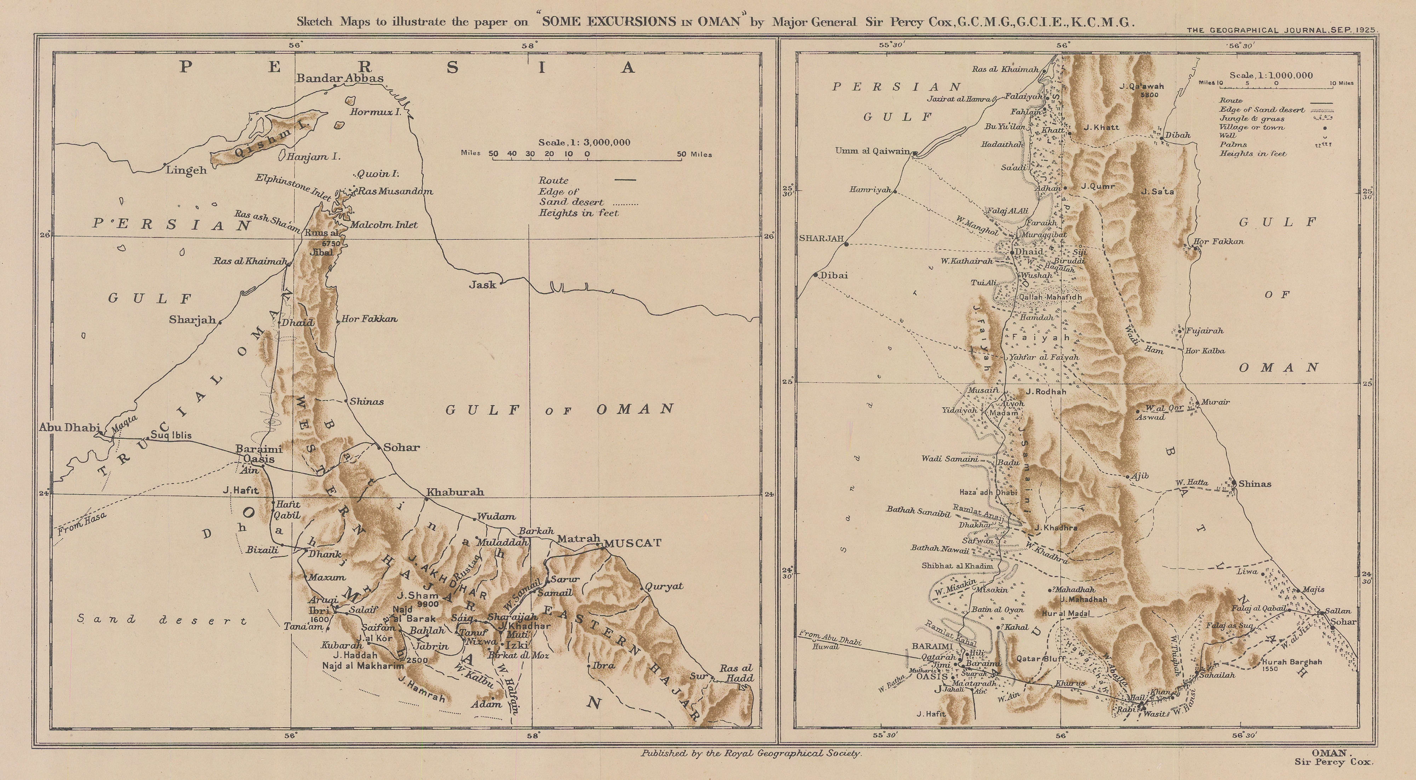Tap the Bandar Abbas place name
pos(340,78)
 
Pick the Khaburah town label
pos(455,492)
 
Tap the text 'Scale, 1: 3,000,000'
pos(584,142)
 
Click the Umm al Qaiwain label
pos(872,151)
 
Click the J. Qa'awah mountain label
pos(1141,86)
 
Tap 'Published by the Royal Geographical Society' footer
pos(751,753)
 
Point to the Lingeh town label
pos(186,170)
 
